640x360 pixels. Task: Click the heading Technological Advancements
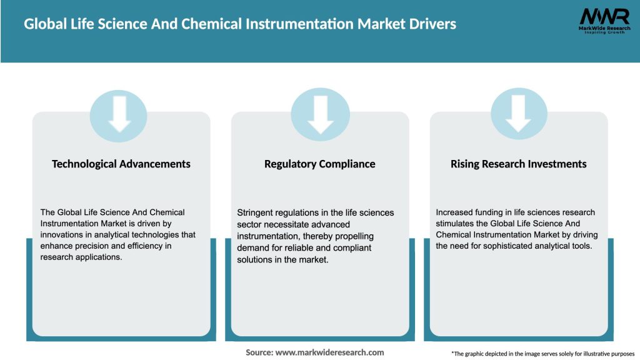coord(121,164)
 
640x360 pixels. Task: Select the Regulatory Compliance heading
coord(320,164)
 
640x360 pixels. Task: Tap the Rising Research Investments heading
coord(519,164)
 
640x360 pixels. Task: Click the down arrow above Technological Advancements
coord(119,113)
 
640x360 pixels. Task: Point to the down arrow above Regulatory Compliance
coord(320,113)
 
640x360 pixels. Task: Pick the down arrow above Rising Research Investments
coord(519,113)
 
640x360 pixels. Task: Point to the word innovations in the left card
coord(66,235)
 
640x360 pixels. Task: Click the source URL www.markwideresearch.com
coord(329,352)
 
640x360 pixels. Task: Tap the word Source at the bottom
coord(259,352)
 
